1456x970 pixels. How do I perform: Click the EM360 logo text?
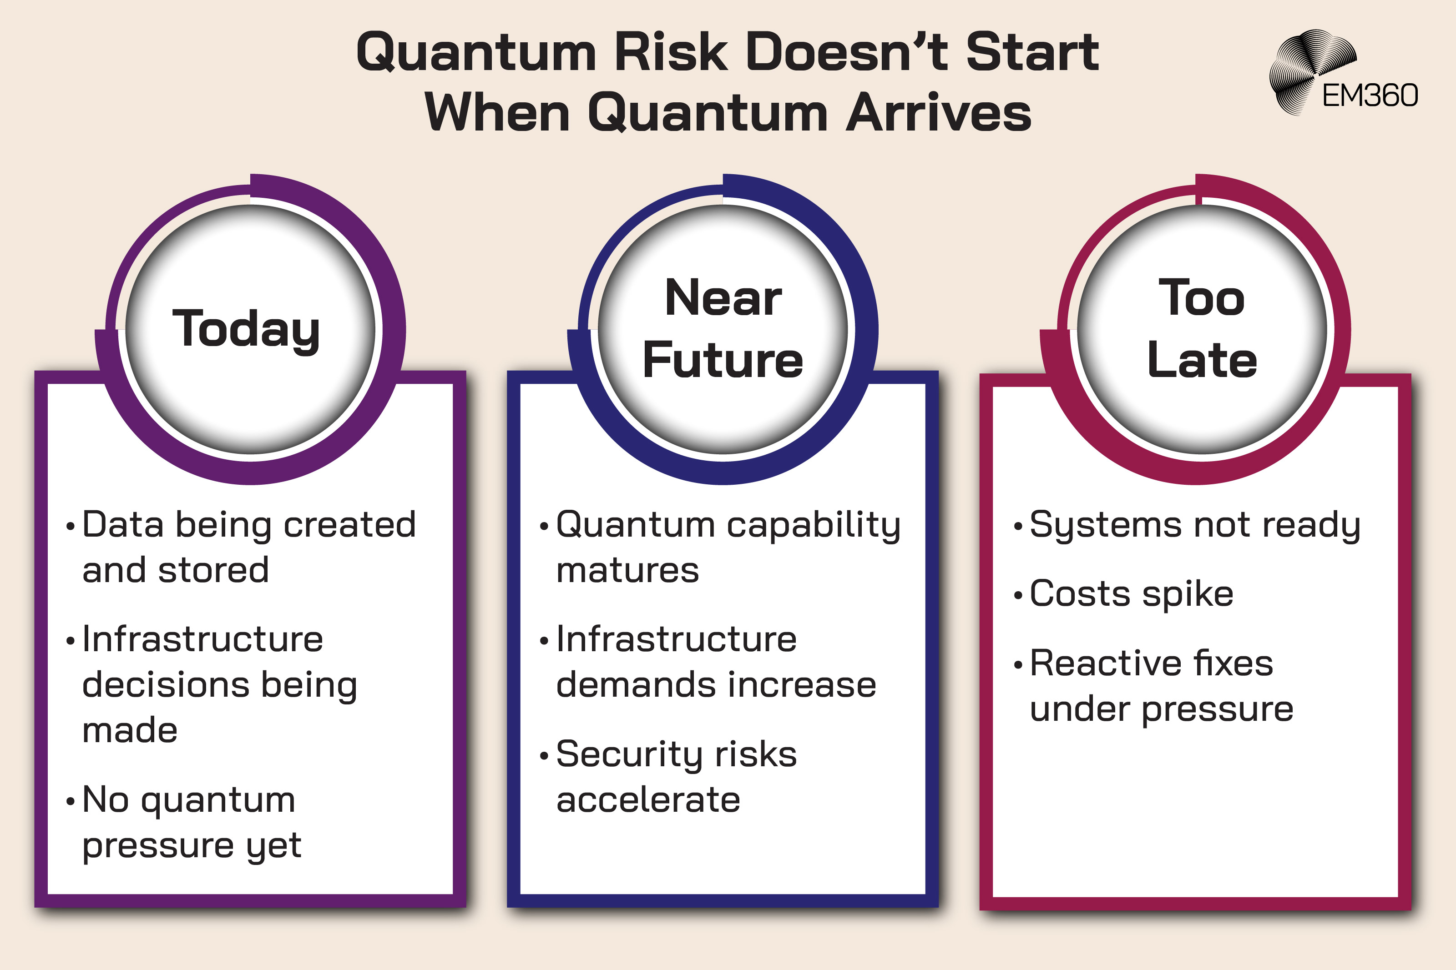(x=1370, y=96)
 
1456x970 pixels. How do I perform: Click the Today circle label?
(x=246, y=329)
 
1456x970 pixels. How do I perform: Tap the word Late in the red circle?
(x=1202, y=360)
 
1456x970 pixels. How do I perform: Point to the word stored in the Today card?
(x=213, y=570)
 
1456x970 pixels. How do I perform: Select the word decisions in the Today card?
(x=166, y=685)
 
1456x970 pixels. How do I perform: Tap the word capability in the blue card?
(x=813, y=526)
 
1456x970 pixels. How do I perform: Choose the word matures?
(x=627, y=570)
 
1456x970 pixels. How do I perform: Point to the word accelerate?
(x=648, y=800)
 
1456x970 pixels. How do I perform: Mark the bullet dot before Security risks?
(x=544, y=756)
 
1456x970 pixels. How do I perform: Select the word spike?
(x=1188, y=594)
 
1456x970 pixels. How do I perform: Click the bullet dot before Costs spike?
(x=1018, y=596)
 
